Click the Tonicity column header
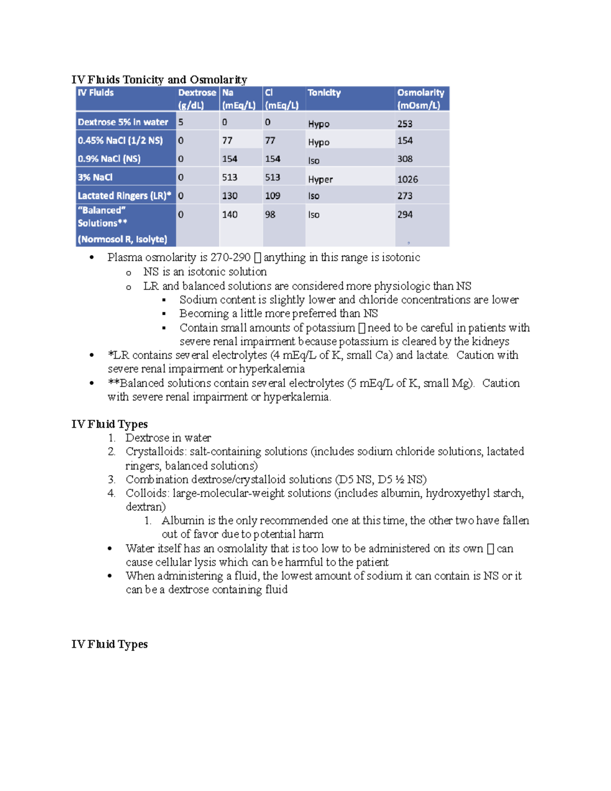pos(324,93)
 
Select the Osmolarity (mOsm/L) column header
pos(421,99)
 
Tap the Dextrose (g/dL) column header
pos(197,99)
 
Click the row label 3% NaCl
pos(95,177)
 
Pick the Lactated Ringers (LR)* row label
pos(124,196)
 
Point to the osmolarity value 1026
pos(407,179)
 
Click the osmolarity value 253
pos(405,124)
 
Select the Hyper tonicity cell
pos(320,179)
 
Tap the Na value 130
pos(230,196)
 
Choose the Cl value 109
pos(272,196)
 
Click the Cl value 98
pos(270,214)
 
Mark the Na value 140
pos(230,214)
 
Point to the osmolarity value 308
pos(405,159)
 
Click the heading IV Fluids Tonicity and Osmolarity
pos(159,79)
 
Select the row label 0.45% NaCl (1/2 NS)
pos(120,141)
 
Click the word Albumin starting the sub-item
pos(183,521)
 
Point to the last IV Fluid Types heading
pos(109,644)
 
